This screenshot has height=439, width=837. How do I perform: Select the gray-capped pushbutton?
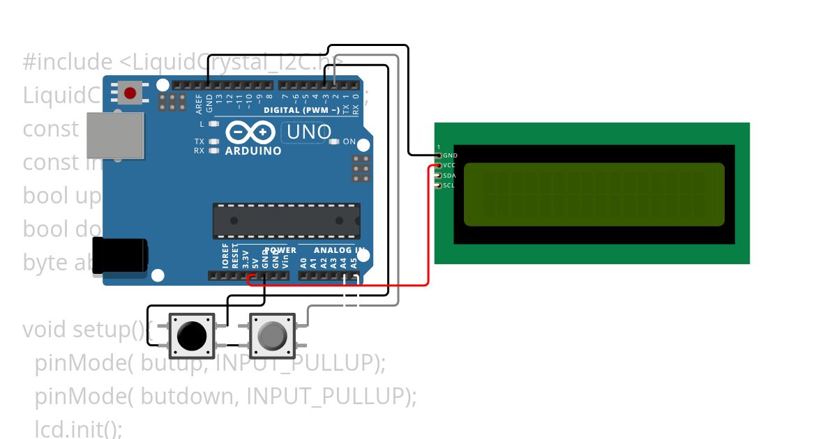271,336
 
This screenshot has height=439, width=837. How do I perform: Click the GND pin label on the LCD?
450,155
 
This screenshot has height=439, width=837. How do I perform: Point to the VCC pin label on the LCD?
450,165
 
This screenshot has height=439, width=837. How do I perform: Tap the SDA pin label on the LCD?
450,176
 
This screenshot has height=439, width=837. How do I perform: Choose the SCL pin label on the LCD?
450,185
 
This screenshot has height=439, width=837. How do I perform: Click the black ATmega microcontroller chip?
287,221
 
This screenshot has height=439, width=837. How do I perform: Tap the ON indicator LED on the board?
333,142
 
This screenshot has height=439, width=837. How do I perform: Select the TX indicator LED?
214,141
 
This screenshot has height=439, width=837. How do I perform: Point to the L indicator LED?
214,123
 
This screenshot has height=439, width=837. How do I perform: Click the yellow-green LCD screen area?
594,194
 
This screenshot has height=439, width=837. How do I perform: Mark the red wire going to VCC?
428,230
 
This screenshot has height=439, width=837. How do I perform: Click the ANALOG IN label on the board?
338,250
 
